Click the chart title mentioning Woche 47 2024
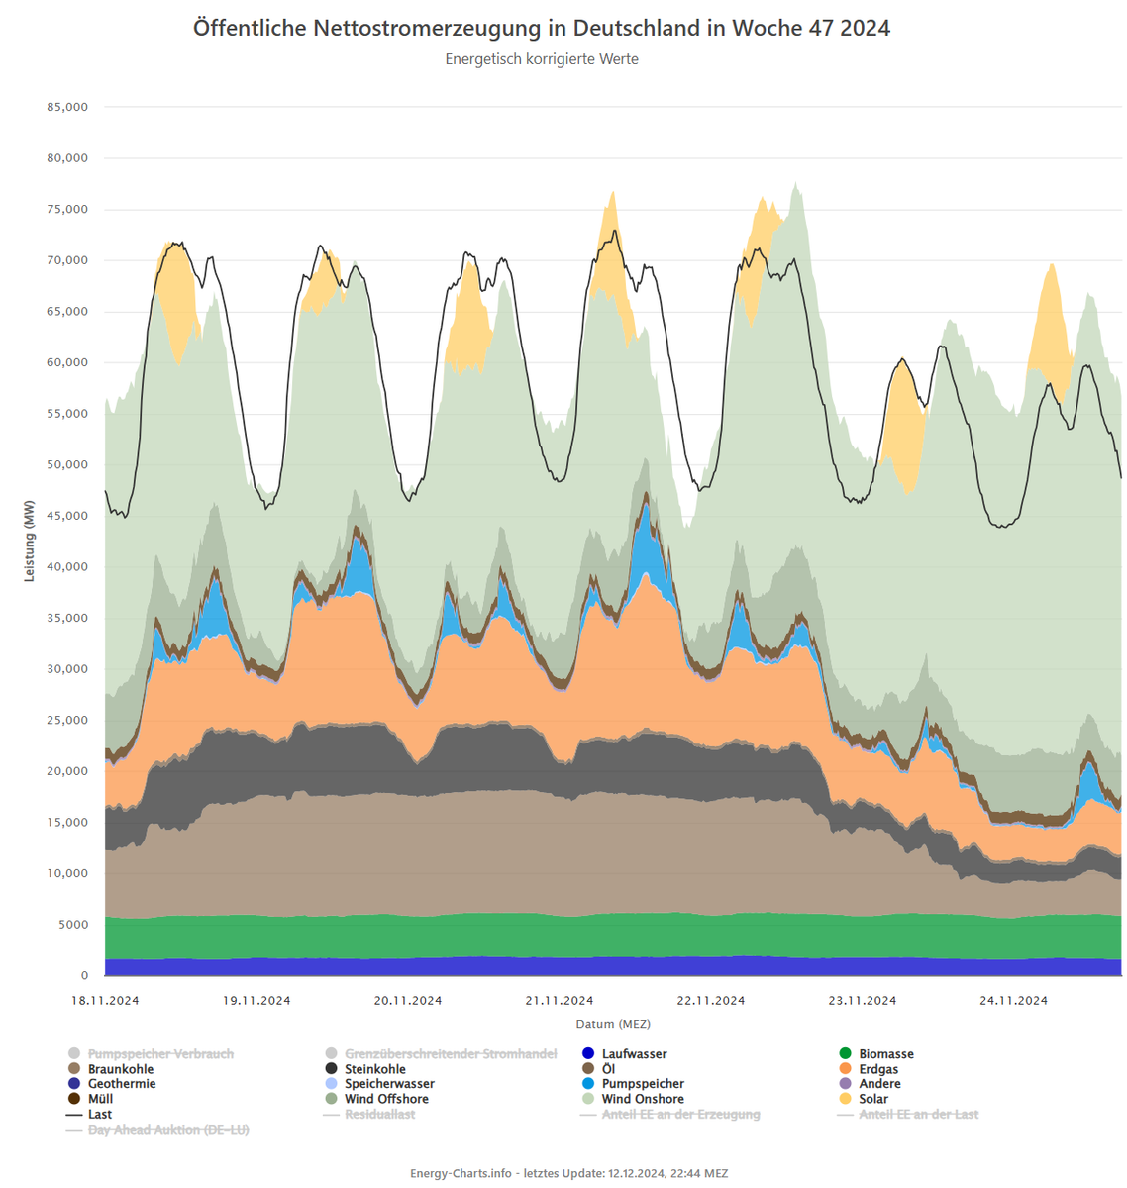[542, 28]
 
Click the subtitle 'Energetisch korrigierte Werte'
[542, 59]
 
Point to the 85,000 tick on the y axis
[67, 107]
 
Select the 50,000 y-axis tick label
[67, 465]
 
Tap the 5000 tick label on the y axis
[71, 925]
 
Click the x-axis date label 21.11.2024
[560, 1000]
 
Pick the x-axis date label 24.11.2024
[1013, 1000]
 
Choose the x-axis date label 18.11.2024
[105, 1000]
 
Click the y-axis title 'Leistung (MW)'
[30, 541]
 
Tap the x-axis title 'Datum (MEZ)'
[613, 1024]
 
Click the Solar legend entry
[873, 1099]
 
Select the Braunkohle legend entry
[121, 1069]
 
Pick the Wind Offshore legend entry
[386, 1099]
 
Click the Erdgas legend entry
[878, 1069]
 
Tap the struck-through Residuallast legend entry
[379, 1115]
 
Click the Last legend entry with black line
[100, 1115]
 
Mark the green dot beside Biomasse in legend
[845, 1054]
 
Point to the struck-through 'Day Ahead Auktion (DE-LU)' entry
[168, 1130]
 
